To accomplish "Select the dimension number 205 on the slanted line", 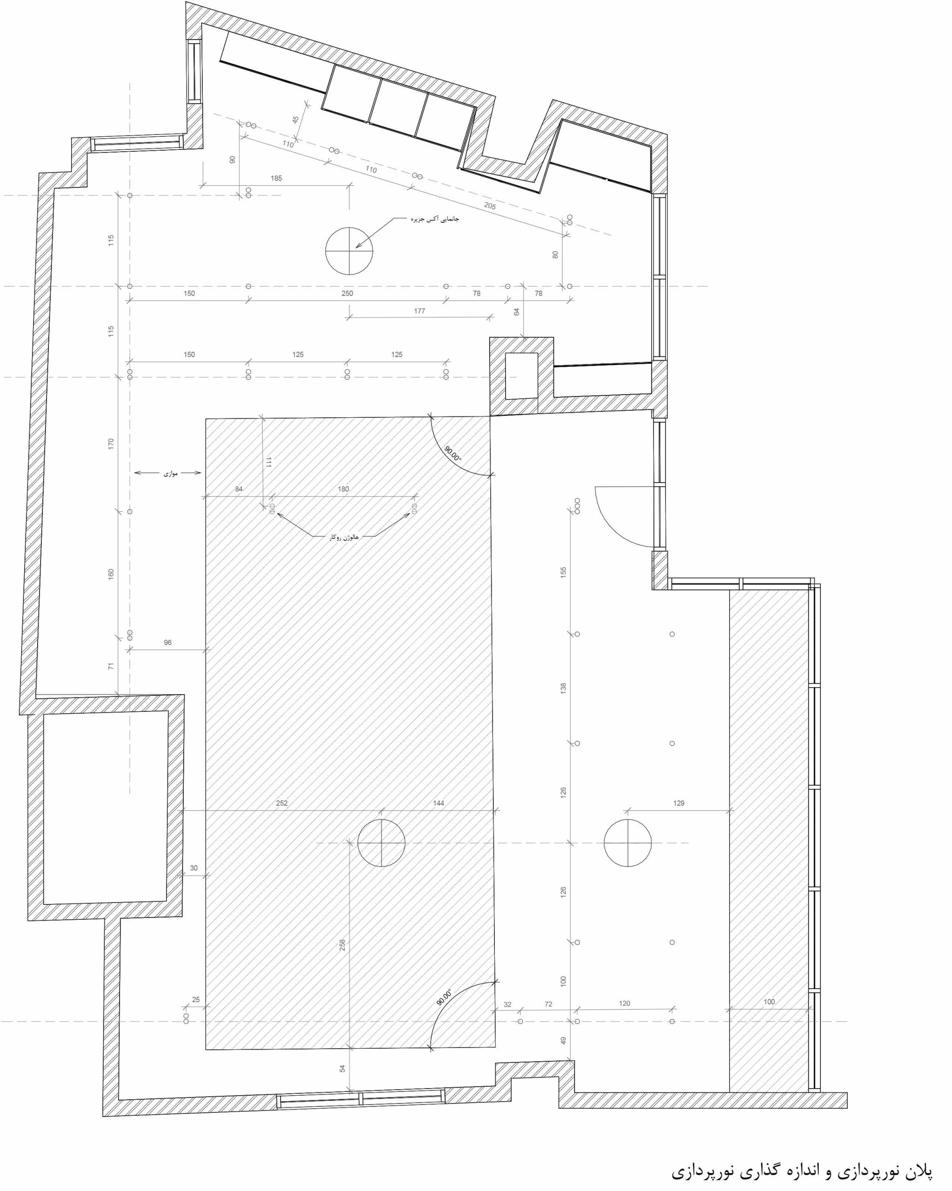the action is [x=490, y=206].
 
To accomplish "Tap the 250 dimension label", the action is [x=347, y=294].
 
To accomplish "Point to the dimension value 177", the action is [x=419, y=311].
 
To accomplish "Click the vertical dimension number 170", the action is [x=111, y=443].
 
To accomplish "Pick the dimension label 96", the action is [x=168, y=642].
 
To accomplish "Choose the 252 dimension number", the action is [x=282, y=803].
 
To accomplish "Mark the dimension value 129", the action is [x=679, y=803].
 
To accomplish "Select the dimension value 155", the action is [x=563, y=572].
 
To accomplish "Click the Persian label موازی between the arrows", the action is [x=170, y=474].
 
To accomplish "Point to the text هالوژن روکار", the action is [x=344, y=537].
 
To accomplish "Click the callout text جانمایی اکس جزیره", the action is [x=434, y=219].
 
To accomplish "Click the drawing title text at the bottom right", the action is [x=802, y=1171].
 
